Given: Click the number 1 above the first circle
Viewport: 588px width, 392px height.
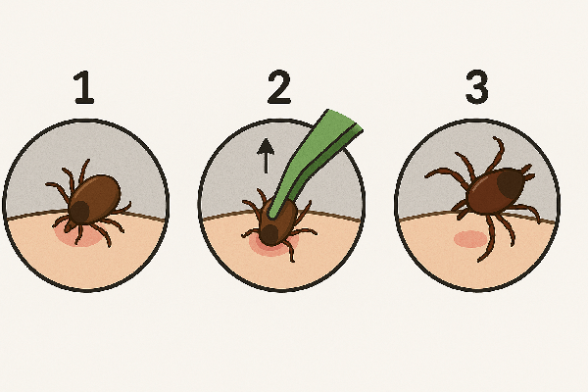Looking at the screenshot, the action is tap(84, 87).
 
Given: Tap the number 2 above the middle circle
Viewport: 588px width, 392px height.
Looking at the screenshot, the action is tap(279, 86).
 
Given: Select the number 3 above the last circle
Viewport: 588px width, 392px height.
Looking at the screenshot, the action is tap(477, 86).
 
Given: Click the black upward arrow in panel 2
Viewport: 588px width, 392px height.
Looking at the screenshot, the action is tap(266, 156).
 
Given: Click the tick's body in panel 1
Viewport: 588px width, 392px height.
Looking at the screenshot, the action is tap(94, 200).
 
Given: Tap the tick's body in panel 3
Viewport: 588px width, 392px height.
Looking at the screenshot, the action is tap(496, 191).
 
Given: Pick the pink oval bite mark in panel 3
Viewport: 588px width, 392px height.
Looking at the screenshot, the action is tap(470, 239).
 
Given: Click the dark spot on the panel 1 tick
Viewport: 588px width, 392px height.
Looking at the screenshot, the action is tap(79, 213).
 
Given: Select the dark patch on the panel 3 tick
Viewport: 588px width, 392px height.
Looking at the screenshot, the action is tap(511, 184).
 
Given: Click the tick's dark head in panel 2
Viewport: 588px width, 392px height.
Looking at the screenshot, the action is tap(269, 235).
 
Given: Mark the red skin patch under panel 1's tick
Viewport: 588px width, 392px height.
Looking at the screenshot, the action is tap(79, 235).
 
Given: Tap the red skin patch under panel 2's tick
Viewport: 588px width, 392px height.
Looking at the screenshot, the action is tap(273, 245).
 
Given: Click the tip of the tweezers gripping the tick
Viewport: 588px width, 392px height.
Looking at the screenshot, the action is tap(272, 216).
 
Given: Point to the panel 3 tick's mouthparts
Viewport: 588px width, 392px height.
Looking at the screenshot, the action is tap(529, 173).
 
